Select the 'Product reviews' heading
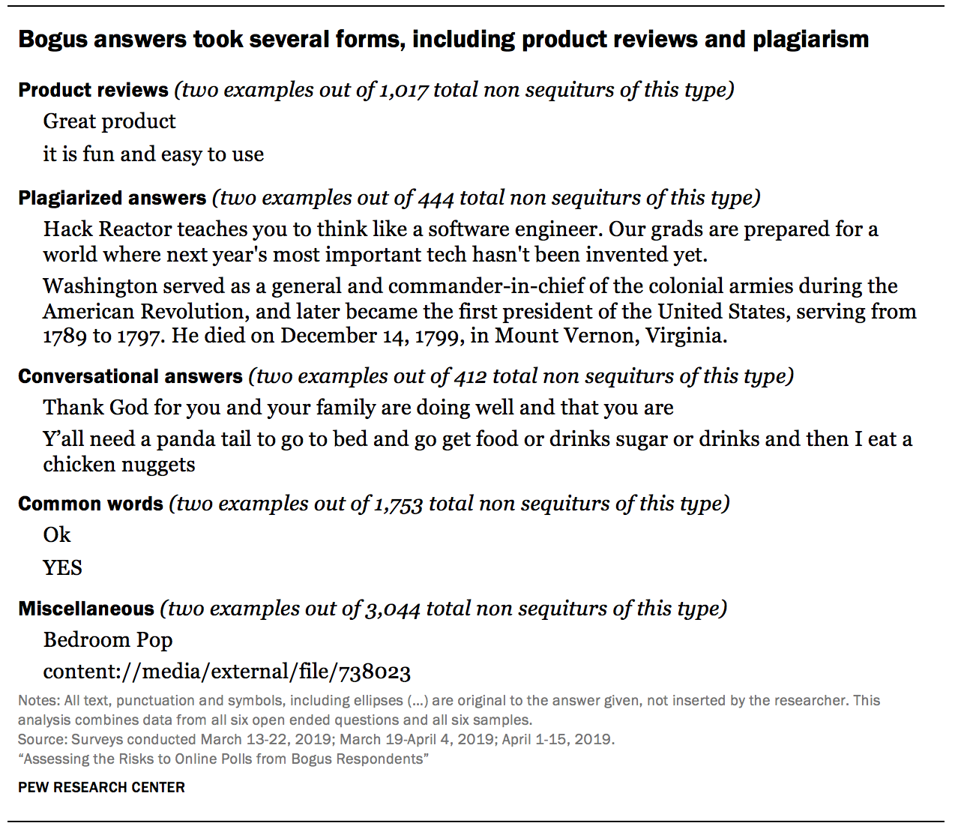93,90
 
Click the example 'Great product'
109,121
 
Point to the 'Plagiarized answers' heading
112,198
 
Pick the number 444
436,198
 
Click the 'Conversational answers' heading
130,376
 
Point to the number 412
470,376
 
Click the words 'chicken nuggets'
119,465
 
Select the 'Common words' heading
91,504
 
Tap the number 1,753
399,504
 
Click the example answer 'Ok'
57,535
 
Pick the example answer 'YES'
62,567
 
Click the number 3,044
393,609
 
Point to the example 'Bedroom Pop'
108,640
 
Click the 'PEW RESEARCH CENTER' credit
101,787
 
